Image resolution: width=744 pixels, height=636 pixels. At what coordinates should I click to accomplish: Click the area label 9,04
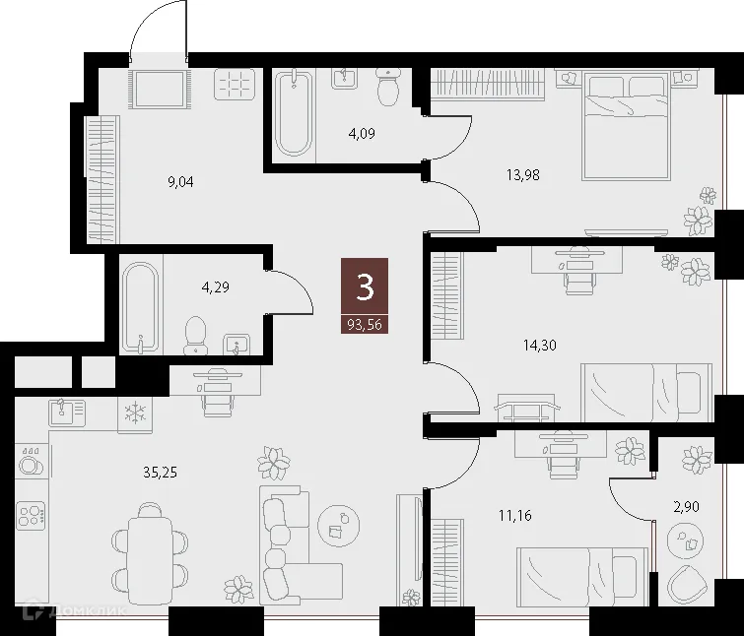pyautogui.click(x=181, y=180)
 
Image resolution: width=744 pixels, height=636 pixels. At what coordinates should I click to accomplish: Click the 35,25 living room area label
pyautogui.click(x=161, y=471)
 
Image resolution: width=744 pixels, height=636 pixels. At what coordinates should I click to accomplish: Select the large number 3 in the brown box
pyautogui.click(x=365, y=287)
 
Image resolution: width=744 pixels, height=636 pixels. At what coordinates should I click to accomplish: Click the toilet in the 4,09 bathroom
pyautogui.click(x=388, y=88)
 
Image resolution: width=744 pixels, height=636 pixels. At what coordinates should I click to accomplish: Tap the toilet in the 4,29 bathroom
pyautogui.click(x=196, y=333)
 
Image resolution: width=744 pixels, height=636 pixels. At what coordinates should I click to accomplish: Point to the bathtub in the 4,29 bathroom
pyautogui.click(x=142, y=305)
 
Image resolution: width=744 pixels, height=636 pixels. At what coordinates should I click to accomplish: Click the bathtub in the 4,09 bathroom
pyautogui.click(x=294, y=113)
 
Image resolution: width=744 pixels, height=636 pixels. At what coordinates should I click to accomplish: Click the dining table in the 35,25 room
pyautogui.click(x=150, y=550)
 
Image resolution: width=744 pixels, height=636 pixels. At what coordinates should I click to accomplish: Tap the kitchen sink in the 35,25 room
pyautogui.click(x=61, y=413)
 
